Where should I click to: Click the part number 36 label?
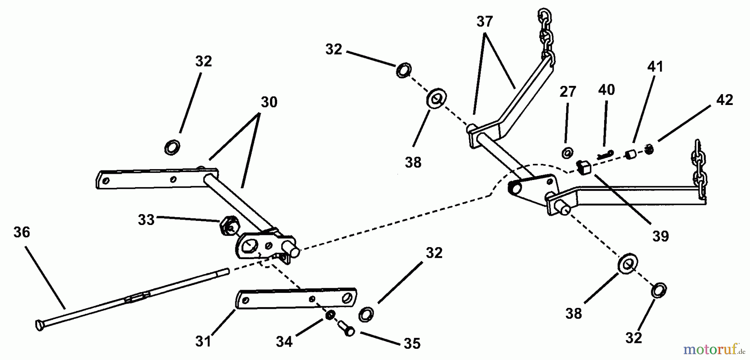tap(22, 232)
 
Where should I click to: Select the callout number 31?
tap(203, 341)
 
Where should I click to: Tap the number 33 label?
tap(146, 220)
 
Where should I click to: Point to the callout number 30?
tap(269, 102)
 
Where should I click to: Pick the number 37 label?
tap(485, 22)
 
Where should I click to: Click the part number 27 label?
tap(567, 92)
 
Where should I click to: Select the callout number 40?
tap(606, 90)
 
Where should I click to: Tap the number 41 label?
tap(655, 67)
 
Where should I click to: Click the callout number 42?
tap(725, 100)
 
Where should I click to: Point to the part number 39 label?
tap(660, 236)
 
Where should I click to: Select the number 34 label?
tap(285, 342)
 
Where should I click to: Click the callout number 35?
tap(412, 343)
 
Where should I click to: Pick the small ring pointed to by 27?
tap(567, 153)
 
